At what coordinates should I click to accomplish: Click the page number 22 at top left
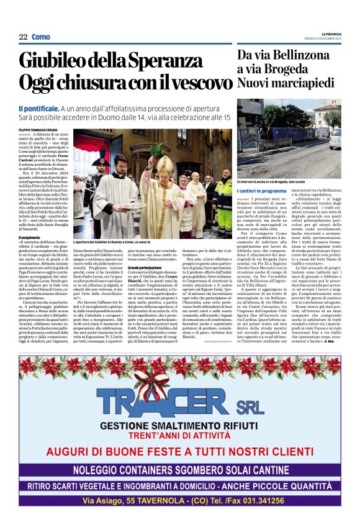click(23, 37)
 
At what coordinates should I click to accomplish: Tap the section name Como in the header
click(41, 37)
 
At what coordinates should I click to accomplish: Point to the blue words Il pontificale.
click(38, 109)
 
